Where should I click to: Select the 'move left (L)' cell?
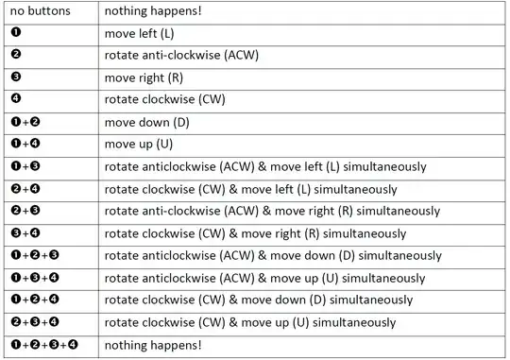point(146,33)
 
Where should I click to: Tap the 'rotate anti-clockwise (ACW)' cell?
point(181,56)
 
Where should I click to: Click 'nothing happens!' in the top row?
point(152,12)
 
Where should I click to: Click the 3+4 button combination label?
point(27,232)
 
